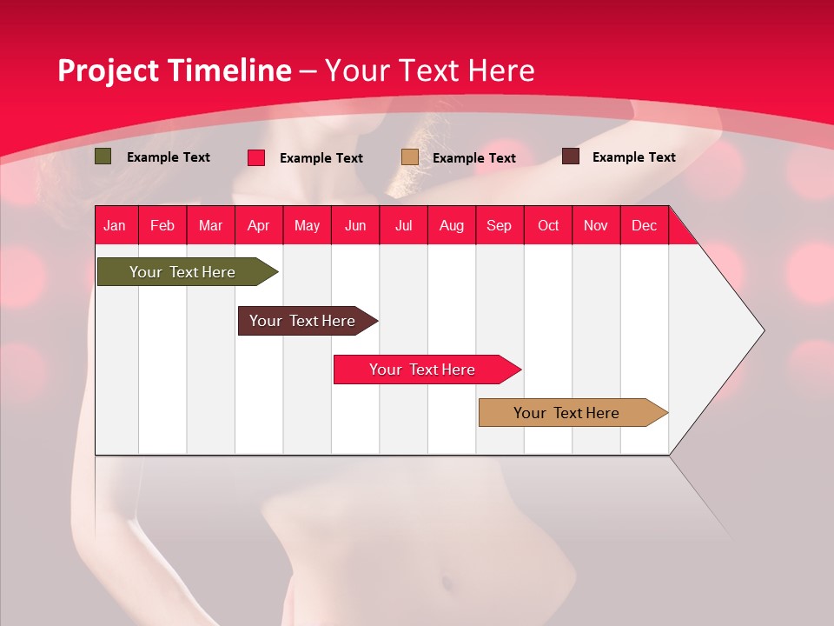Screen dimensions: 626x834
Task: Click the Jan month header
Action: [115, 225]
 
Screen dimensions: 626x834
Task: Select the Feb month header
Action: [162, 225]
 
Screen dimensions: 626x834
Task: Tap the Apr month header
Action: [258, 225]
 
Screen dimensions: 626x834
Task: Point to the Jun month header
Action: [355, 225]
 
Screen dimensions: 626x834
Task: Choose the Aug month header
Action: [451, 225]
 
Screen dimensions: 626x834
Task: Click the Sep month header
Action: [499, 225]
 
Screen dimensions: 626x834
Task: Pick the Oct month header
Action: [548, 225]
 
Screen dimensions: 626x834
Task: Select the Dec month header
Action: [644, 225]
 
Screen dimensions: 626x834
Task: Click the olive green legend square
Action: [103, 156]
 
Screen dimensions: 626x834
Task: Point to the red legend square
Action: [256, 157]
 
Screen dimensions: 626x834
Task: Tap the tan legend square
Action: [410, 157]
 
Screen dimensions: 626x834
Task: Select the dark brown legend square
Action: [571, 156]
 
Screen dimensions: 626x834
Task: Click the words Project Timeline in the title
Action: [174, 70]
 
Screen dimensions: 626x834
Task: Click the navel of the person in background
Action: [445, 581]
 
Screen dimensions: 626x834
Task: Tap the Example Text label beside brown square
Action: [633, 157]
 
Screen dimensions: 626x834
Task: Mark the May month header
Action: [307, 225]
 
